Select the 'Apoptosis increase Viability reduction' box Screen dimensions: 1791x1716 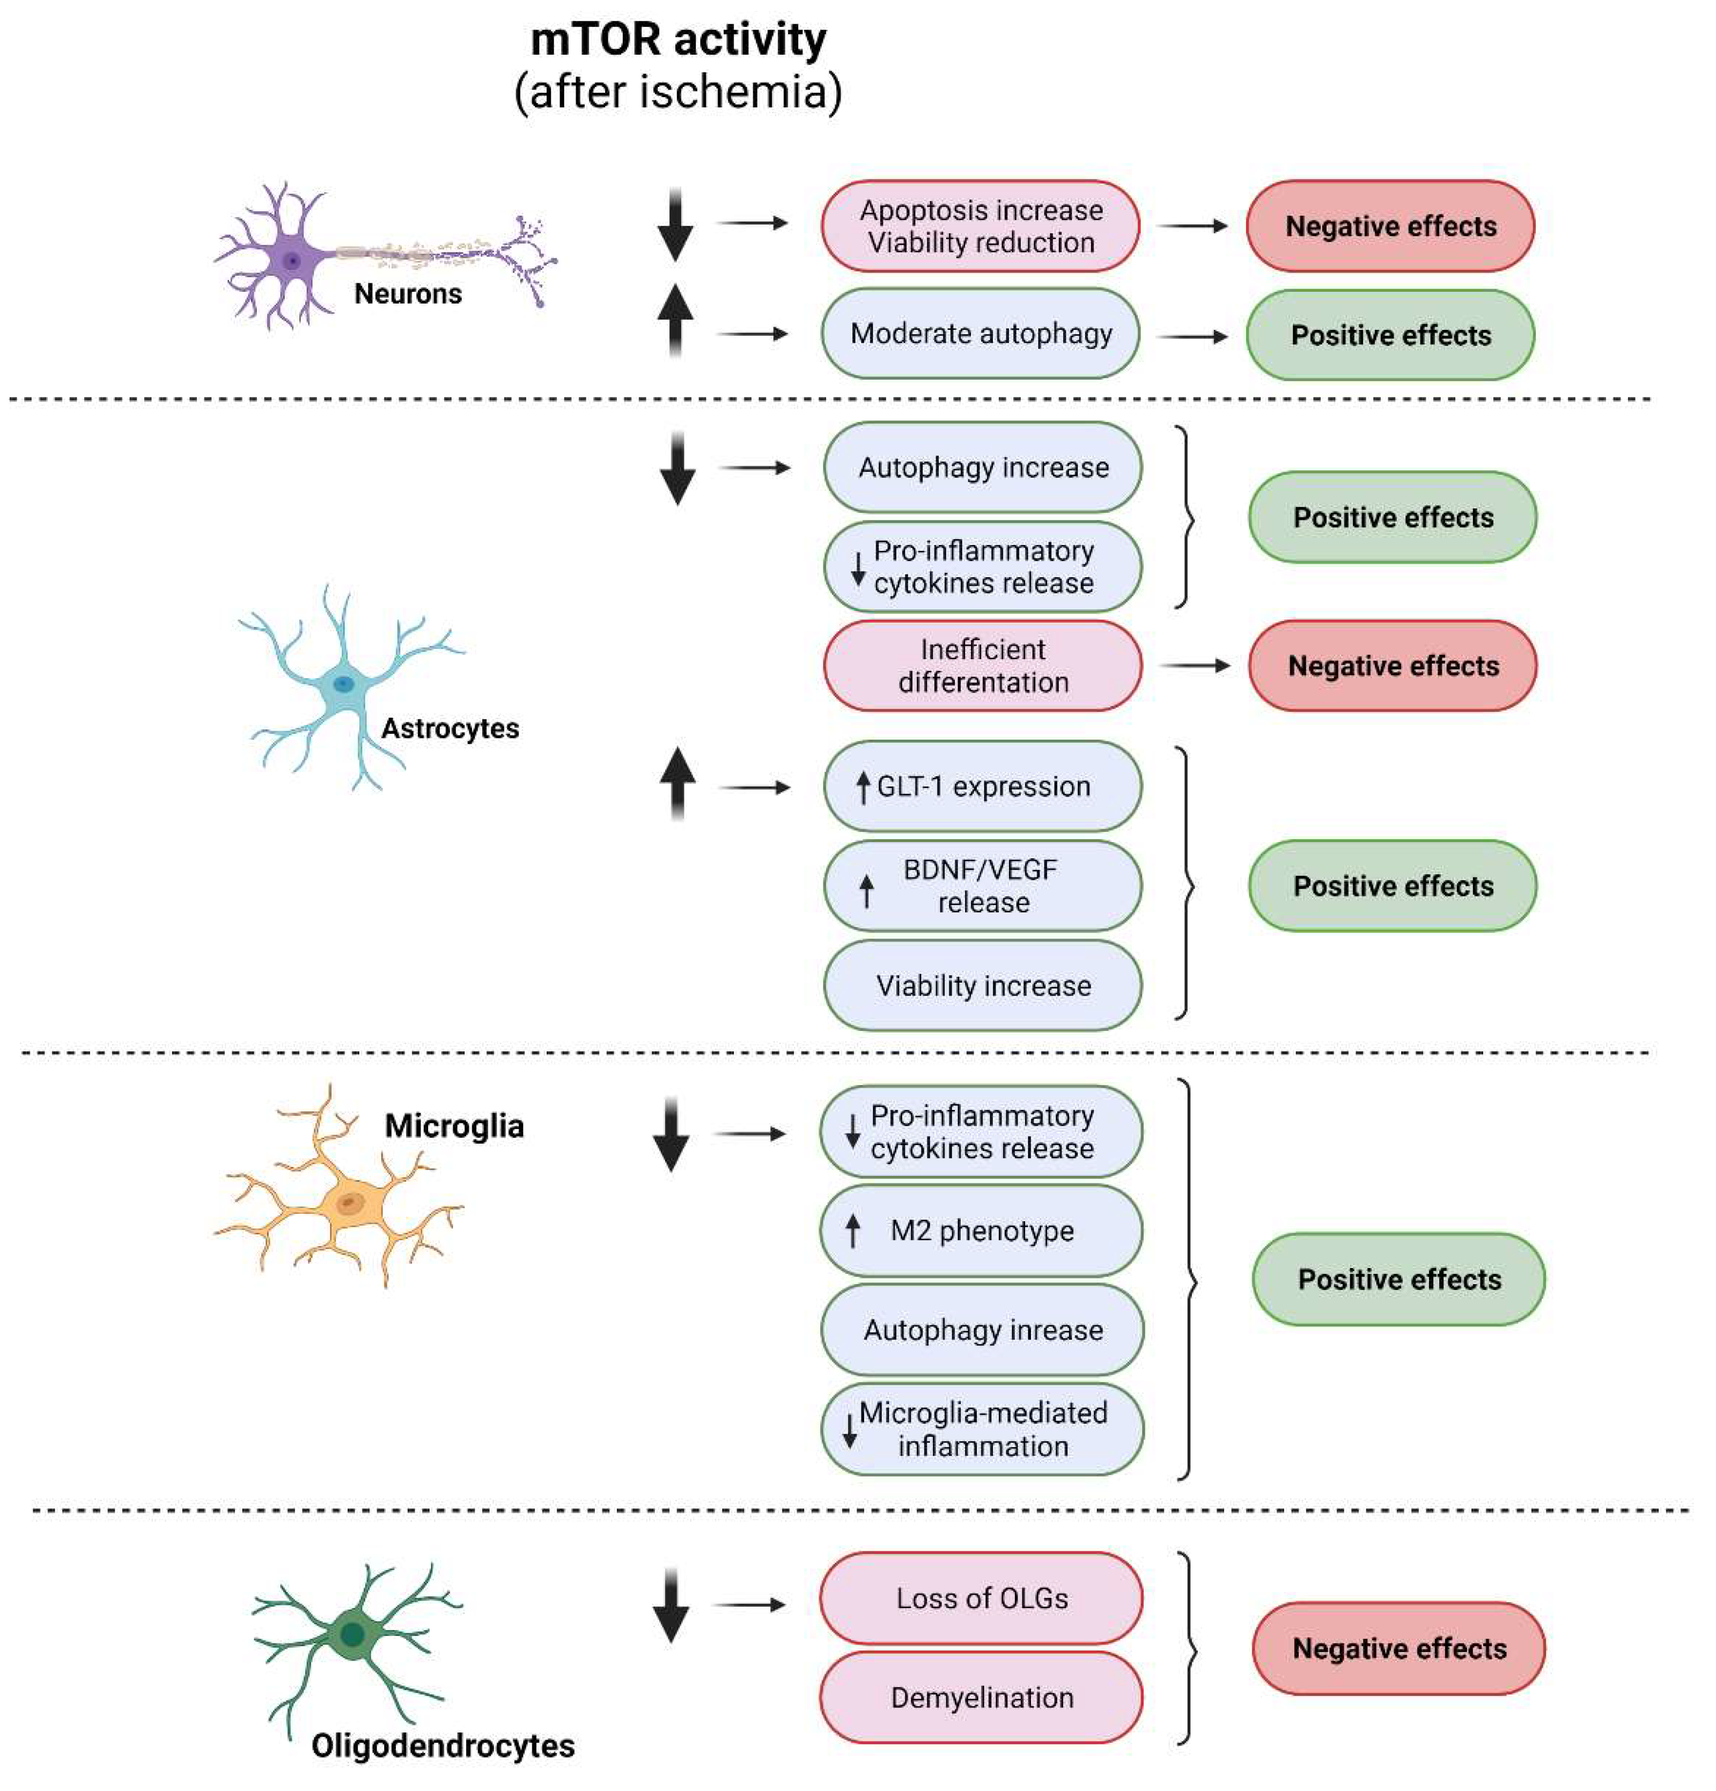[981, 226]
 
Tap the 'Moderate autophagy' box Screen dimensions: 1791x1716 [981, 334]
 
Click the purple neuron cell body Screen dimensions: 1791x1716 [292, 261]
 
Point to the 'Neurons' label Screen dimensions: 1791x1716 [408, 293]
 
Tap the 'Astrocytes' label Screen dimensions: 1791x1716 [450, 728]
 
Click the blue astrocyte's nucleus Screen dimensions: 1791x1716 [343, 683]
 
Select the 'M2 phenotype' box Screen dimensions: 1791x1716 [981, 1231]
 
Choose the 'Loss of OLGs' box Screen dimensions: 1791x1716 [981, 1598]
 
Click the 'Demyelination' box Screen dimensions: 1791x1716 [981, 1698]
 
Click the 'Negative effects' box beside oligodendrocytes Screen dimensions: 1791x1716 [1398, 1648]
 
